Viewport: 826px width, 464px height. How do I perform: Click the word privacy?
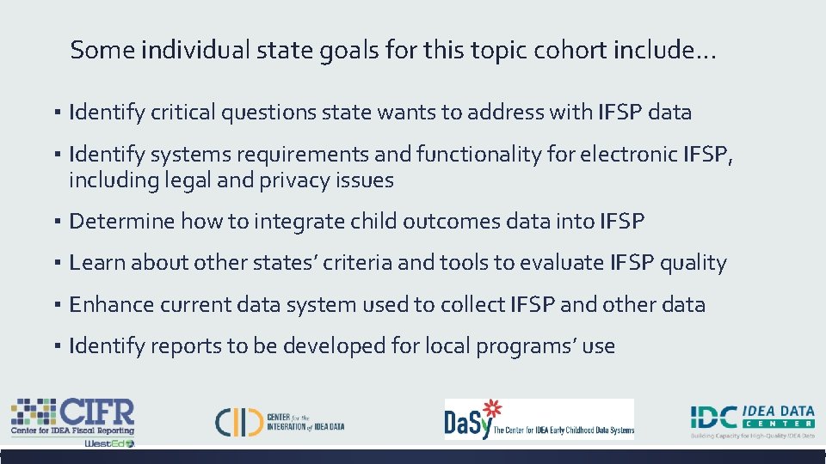click(x=291, y=180)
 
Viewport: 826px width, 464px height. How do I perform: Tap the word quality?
click(x=693, y=263)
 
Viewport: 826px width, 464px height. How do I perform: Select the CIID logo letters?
click(x=238, y=421)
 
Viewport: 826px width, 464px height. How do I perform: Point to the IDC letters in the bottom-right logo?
click(x=714, y=418)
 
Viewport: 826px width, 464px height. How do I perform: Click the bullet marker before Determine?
click(x=54, y=223)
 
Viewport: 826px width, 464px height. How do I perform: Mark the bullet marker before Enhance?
click(x=54, y=306)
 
